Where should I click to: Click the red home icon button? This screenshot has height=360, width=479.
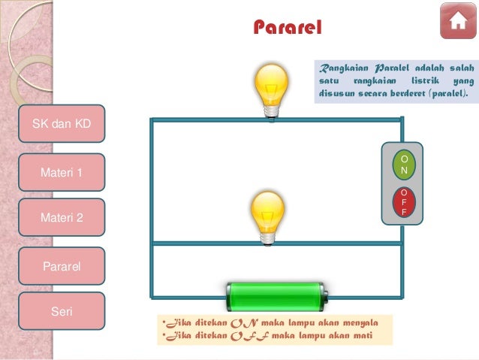point(457,22)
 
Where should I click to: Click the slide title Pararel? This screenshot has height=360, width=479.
point(287,28)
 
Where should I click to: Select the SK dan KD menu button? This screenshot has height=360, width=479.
point(61,123)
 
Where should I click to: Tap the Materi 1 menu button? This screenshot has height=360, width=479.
point(61,172)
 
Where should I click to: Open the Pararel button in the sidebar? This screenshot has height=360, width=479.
point(61,266)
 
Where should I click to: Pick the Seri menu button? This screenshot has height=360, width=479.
point(61,311)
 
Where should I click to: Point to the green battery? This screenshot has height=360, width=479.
point(276,294)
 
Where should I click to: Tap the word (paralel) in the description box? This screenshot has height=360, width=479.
point(443,95)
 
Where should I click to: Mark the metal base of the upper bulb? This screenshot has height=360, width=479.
point(271,110)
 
